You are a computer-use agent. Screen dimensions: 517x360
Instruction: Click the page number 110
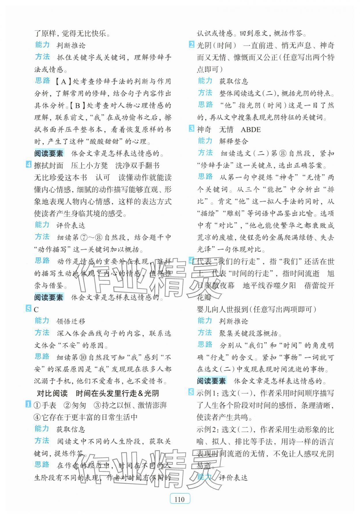[x=180, y=499]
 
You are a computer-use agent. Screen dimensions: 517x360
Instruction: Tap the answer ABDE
[x=251, y=130]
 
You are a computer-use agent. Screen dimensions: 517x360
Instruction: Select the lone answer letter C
[x=36, y=310]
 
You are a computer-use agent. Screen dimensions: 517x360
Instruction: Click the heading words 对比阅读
[x=52, y=393]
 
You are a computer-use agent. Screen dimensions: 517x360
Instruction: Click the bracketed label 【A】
[x=63, y=81]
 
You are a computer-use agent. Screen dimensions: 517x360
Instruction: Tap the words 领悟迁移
[x=71, y=322]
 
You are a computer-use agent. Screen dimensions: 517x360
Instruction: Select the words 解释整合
[x=233, y=141]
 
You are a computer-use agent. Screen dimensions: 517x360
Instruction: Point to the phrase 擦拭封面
[x=48, y=166]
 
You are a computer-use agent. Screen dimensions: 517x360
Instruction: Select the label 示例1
[x=207, y=393]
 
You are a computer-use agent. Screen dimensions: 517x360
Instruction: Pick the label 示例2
[x=207, y=429]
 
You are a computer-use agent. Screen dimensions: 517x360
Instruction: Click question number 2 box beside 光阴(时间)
[x=192, y=45]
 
